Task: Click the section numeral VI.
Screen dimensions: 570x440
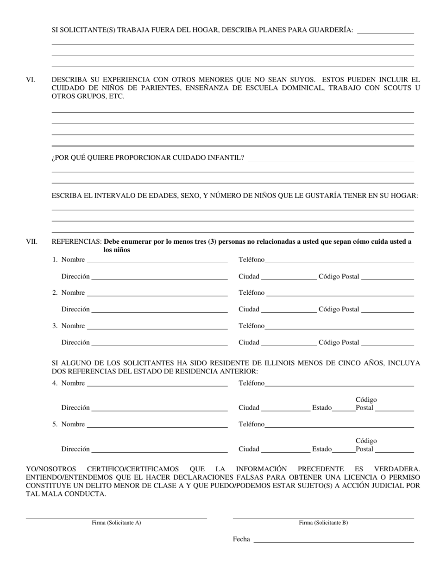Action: pos(30,80)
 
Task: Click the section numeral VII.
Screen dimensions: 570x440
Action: pos(31,241)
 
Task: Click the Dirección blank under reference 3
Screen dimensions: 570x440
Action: pos(159,343)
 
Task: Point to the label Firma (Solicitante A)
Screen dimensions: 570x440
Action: pos(116,523)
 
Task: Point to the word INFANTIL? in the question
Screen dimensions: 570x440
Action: pos(226,158)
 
